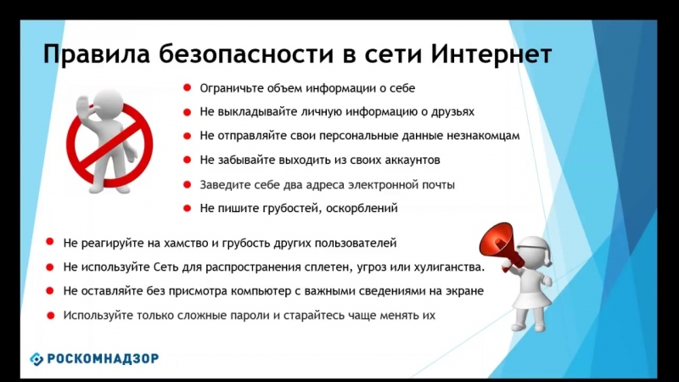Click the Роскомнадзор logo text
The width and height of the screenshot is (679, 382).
[101, 358]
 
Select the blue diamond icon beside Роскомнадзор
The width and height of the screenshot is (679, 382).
[36, 358]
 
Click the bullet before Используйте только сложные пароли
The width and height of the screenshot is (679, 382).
[50, 315]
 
